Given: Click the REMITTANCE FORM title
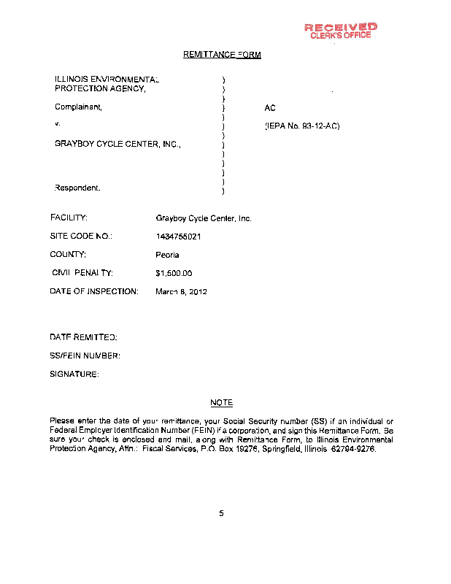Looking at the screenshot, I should (x=222, y=55).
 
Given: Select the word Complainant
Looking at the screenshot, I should (x=79, y=107).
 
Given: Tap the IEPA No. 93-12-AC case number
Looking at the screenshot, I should (x=302, y=126).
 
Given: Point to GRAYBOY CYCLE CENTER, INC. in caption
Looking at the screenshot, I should (x=117, y=145).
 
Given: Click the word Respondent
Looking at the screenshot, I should (x=78, y=188).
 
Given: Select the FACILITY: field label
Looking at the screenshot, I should (x=69, y=218).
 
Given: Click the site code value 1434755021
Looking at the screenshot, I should (x=179, y=237).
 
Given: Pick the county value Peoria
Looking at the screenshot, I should (x=168, y=255).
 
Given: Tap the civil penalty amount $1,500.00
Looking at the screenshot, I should (x=174, y=274).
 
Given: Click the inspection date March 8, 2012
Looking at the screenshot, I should (x=182, y=292).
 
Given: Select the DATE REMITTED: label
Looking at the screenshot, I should (x=83, y=337).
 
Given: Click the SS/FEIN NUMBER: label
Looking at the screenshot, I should (x=85, y=356).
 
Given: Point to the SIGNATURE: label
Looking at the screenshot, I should (x=74, y=374).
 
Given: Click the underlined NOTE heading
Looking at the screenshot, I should (x=221, y=403).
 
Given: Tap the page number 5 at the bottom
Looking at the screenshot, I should (x=221, y=513).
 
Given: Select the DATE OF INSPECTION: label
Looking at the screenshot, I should (x=94, y=292).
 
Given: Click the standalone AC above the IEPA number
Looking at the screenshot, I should (x=270, y=108).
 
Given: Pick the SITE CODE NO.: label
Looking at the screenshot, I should (x=81, y=237).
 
